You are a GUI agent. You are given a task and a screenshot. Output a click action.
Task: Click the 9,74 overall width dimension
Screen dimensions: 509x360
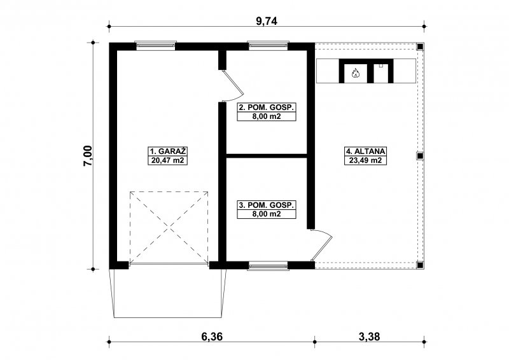click(x=267, y=21)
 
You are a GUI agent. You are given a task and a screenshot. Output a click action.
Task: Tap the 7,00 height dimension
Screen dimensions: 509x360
click(x=88, y=156)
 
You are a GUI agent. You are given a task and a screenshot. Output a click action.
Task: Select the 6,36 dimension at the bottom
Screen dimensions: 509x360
click(x=212, y=336)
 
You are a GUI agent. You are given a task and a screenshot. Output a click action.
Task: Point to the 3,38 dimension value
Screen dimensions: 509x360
click(x=369, y=336)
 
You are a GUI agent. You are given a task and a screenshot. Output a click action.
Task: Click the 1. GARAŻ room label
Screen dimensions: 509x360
click(x=168, y=151)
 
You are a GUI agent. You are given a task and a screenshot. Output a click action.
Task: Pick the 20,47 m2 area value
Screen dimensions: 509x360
click(x=168, y=160)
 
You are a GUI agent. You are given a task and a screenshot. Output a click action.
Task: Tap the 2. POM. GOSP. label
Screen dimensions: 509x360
click(x=267, y=107)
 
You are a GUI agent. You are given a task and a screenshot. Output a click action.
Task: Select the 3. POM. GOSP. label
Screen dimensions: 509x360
click(x=267, y=205)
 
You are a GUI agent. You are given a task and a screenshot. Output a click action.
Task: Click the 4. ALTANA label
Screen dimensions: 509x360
click(x=365, y=151)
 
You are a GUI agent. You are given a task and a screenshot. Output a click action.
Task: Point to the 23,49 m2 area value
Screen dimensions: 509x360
click(x=365, y=160)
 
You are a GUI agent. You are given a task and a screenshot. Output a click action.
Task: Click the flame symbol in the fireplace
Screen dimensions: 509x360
click(x=356, y=73)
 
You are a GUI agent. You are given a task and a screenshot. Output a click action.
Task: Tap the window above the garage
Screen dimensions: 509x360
click(x=155, y=46)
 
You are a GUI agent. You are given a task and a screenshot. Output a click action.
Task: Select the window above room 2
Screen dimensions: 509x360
click(x=268, y=46)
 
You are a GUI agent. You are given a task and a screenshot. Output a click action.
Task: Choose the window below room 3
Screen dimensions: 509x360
click(x=268, y=266)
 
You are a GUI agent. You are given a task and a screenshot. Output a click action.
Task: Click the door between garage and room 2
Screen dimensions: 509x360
click(x=232, y=86)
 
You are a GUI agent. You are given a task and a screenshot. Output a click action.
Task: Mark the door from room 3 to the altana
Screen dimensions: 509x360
click(x=322, y=245)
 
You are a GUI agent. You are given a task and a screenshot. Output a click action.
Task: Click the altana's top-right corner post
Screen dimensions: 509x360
click(x=420, y=46)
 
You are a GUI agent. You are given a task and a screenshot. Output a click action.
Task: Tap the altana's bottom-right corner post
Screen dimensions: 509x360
click(x=420, y=265)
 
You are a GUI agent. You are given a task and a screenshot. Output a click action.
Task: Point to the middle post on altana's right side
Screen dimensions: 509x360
click(x=420, y=156)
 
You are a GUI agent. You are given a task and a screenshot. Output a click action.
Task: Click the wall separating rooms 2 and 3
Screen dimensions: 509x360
click(x=267, y=156)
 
